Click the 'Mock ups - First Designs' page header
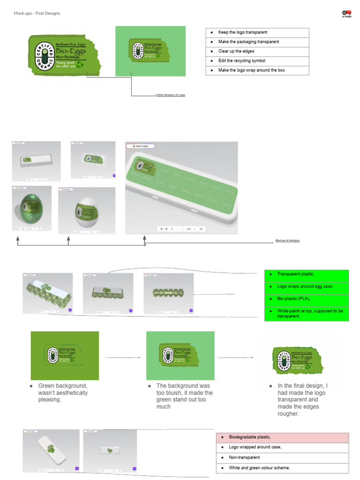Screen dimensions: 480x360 (x=37, y=13)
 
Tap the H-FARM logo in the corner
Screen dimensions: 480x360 (x=346, y=14)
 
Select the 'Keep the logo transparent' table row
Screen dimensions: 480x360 (x=257, y=32)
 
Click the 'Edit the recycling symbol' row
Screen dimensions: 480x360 (x=257, y=61)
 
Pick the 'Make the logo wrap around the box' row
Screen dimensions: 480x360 (x=257, y=70)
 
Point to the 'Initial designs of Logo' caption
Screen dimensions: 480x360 (x=171, y=95)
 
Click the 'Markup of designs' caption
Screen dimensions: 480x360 (x=287, y=240)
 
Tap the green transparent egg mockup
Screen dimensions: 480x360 (x=32, y=208)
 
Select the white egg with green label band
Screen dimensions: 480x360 (x=87, y=212)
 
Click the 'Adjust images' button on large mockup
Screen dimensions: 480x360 (x=140, y=146)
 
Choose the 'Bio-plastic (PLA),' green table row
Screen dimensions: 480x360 (x=307, y=299)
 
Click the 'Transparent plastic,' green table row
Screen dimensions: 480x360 (x=307, y=274)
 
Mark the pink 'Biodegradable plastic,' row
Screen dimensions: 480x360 (x=282, y=437)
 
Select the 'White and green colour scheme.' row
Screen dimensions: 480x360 (x=282, y=468)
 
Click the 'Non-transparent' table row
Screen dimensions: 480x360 (x=282, y=457)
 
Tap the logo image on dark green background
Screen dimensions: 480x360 (x=65, y=355)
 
